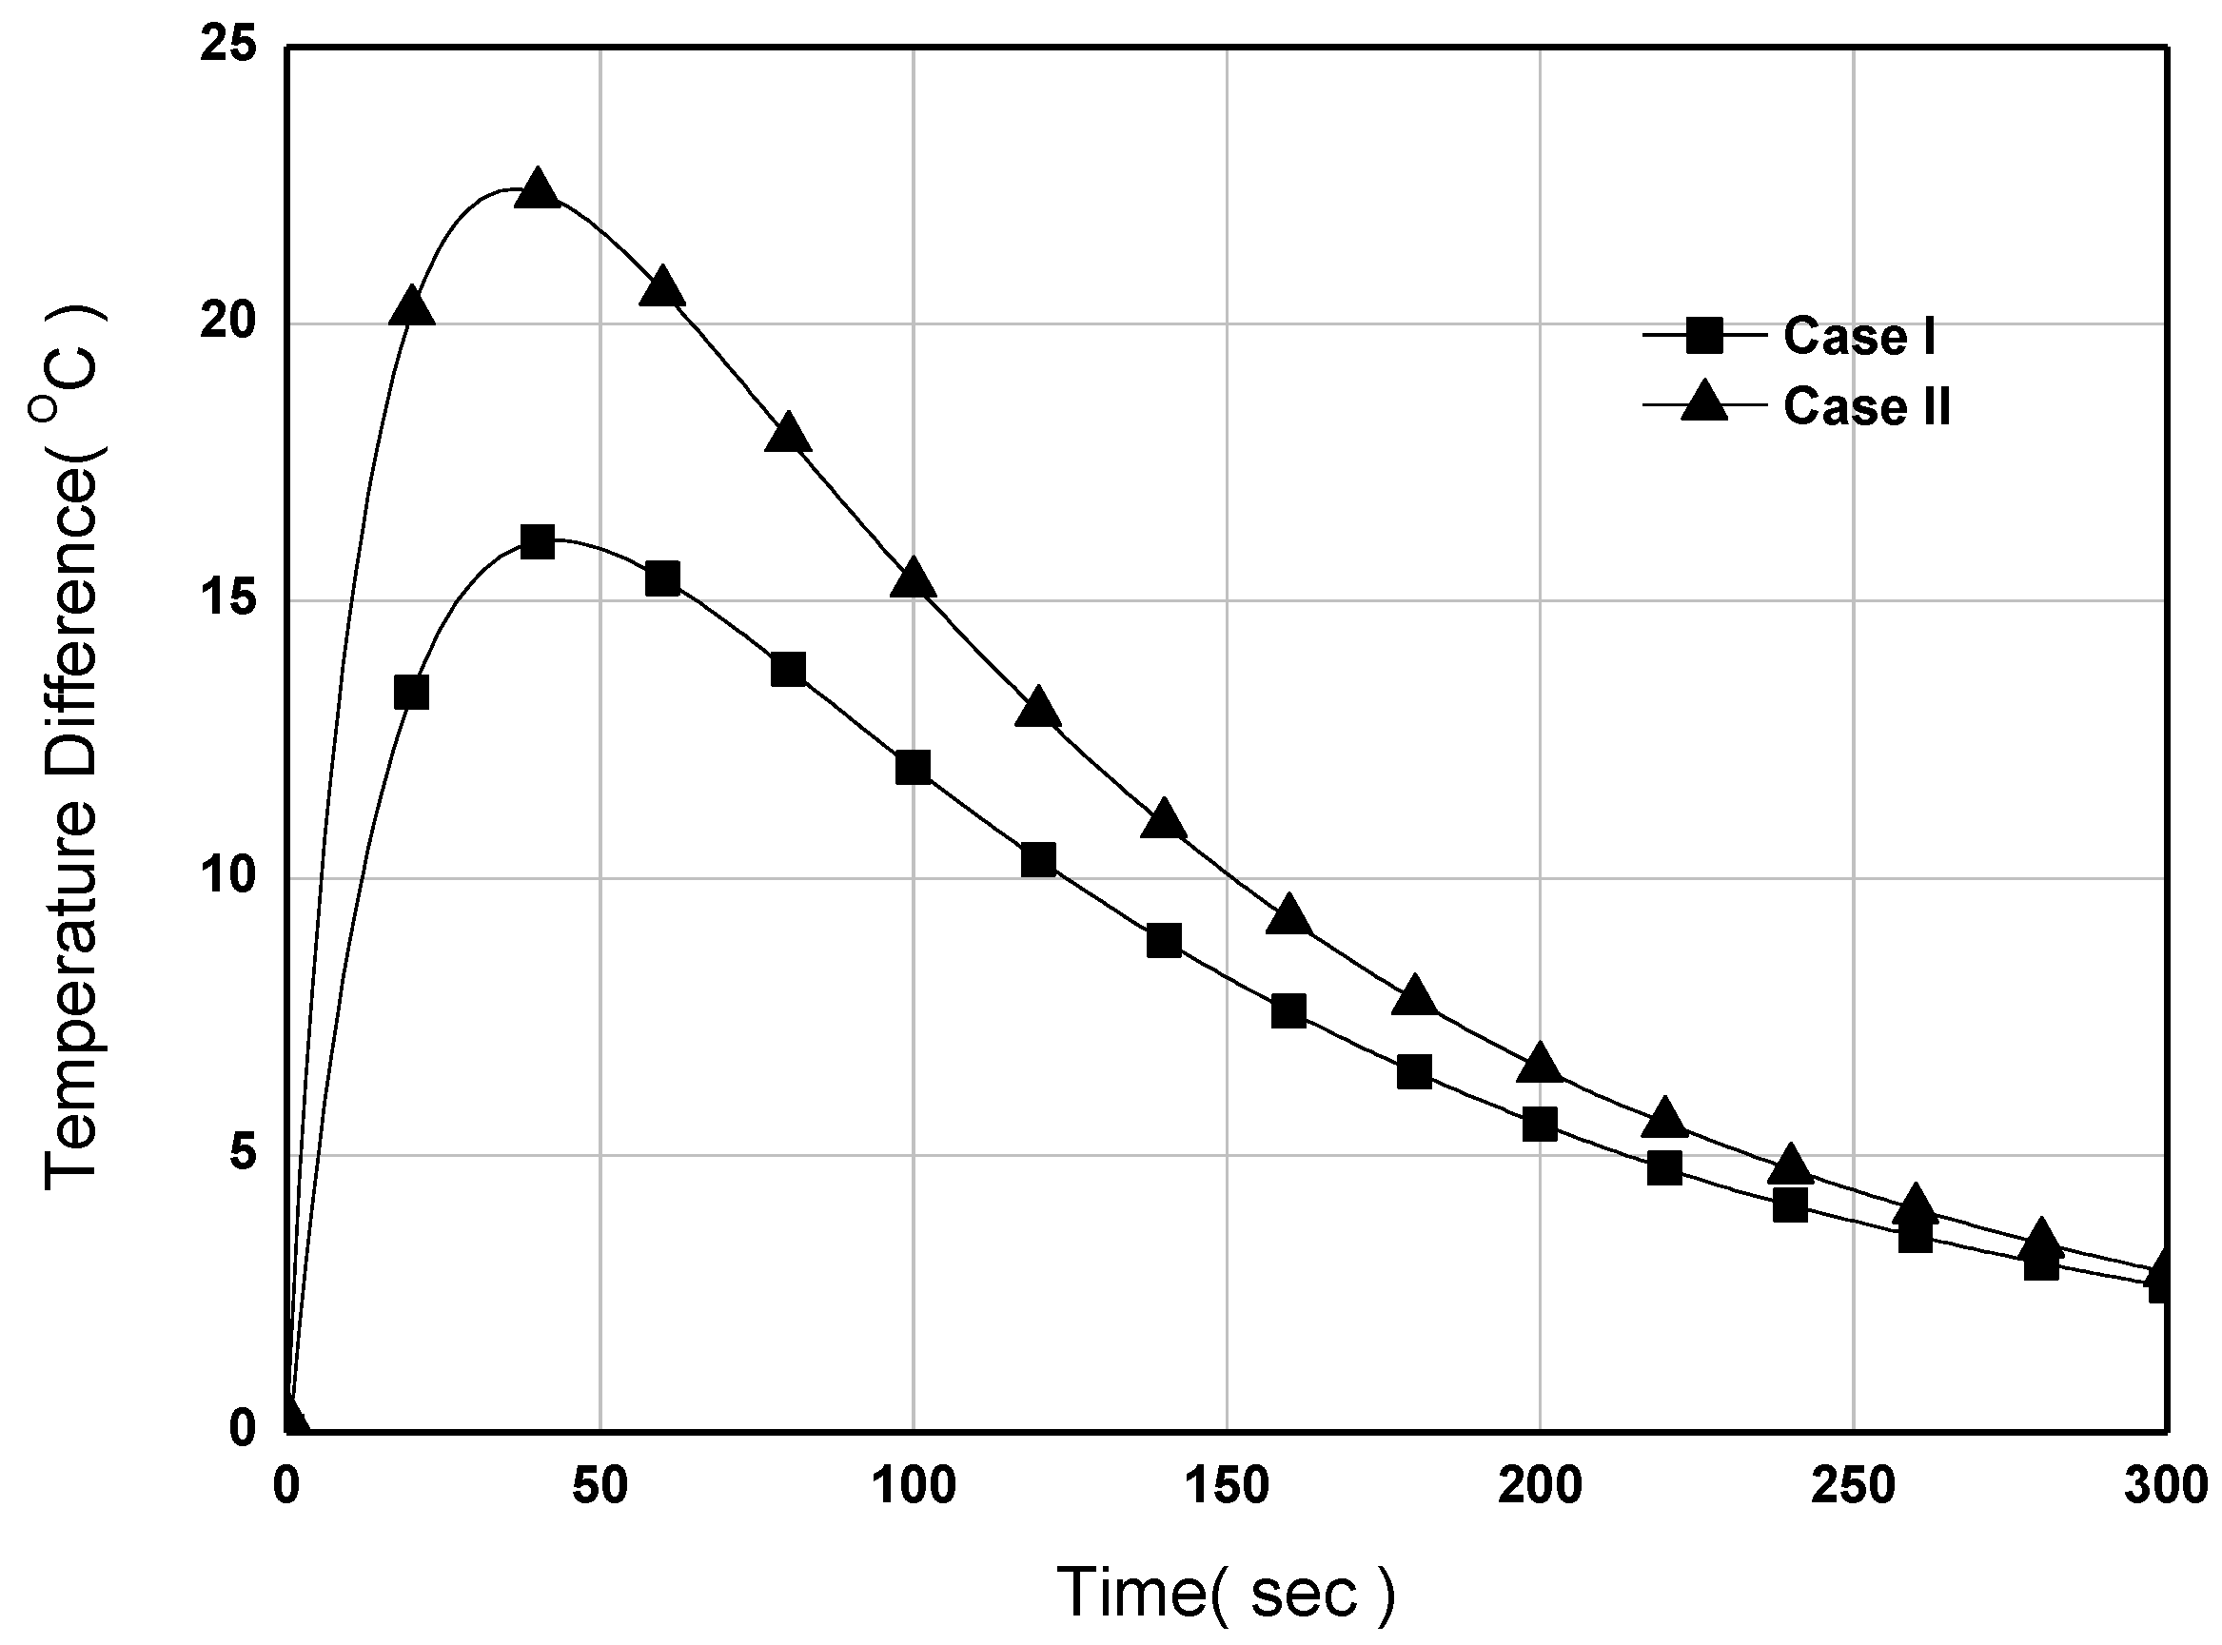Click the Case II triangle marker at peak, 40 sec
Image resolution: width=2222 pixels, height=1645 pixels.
coord(538,189)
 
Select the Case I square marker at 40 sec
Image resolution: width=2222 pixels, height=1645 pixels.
coord(538,542)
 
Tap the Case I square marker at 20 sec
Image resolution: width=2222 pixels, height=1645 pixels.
coord(411,692)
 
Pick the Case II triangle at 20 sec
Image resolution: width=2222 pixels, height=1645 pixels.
coord(412,307)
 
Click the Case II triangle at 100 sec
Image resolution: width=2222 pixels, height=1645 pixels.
coord(914,579)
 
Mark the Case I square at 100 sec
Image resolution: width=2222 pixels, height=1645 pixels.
coord(914,768)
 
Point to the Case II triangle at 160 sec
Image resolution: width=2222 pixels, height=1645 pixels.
coord(1288,915)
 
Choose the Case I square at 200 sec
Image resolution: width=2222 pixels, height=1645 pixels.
coord(1540,1125)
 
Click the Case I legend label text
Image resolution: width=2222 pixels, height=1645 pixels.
coord(1859,337)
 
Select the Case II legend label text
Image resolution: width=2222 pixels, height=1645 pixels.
coord(1866,406)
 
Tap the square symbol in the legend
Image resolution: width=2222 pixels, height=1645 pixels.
coord(1704,337)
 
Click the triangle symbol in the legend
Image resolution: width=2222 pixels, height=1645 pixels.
coord(1704,403)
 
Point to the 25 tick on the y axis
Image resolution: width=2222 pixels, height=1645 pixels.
coord(228,47)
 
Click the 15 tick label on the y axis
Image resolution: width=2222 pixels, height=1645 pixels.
coord(228,600)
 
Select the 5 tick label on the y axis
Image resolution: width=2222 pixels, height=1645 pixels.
coord(242,1155)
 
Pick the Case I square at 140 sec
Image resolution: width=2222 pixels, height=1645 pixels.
coord(1164,940)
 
